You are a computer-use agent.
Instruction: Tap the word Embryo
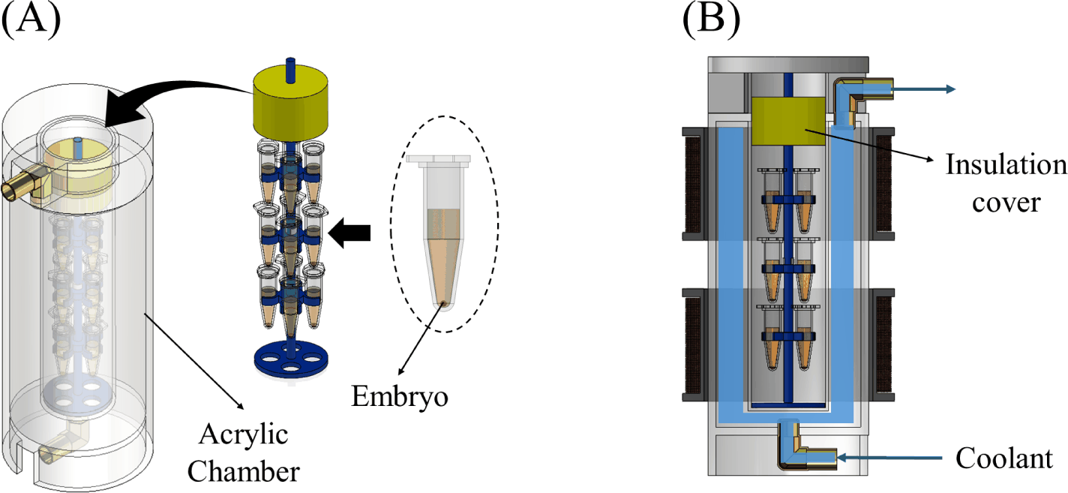click(400, 397)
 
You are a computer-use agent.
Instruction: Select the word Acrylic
click(243, 434)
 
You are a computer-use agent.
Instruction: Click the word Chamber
click(243, 471)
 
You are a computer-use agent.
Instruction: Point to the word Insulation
click(1006, 164)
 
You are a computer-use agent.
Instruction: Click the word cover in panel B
click(1006, 203)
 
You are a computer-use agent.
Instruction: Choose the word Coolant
click(1004, 458)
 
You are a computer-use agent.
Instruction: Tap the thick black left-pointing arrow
click(349, 233)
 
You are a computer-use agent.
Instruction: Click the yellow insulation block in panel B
click(788, 122)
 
